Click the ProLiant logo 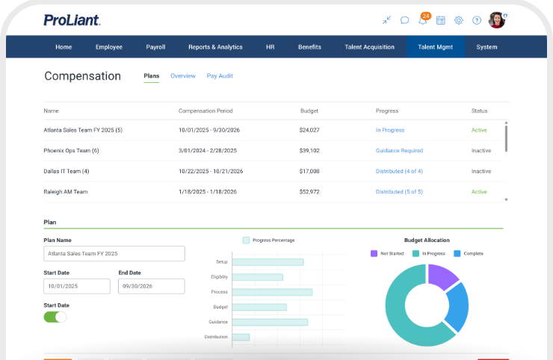tap(72, 20)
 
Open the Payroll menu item tap(155, 47)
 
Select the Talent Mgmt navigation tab tap(435, 47)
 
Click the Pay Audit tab tap(220, 76)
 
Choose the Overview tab tap(182, 76)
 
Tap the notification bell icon tap(423, 20)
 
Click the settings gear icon tap(459, 20)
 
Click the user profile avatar tap(496, 20)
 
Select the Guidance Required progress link tap(399, 151)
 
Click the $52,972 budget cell tap(309, 192)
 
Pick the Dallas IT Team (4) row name tap(67, 171)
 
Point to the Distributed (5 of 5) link tap(399, 192)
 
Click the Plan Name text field tap(114, 254)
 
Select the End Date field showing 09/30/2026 tap(151, 286)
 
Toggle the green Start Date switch tap(55, 317)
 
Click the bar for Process tap(272, 292)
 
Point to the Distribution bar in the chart tap(241, 337)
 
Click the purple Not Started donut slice tap(442, 277)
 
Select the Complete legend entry tap(469, 253)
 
